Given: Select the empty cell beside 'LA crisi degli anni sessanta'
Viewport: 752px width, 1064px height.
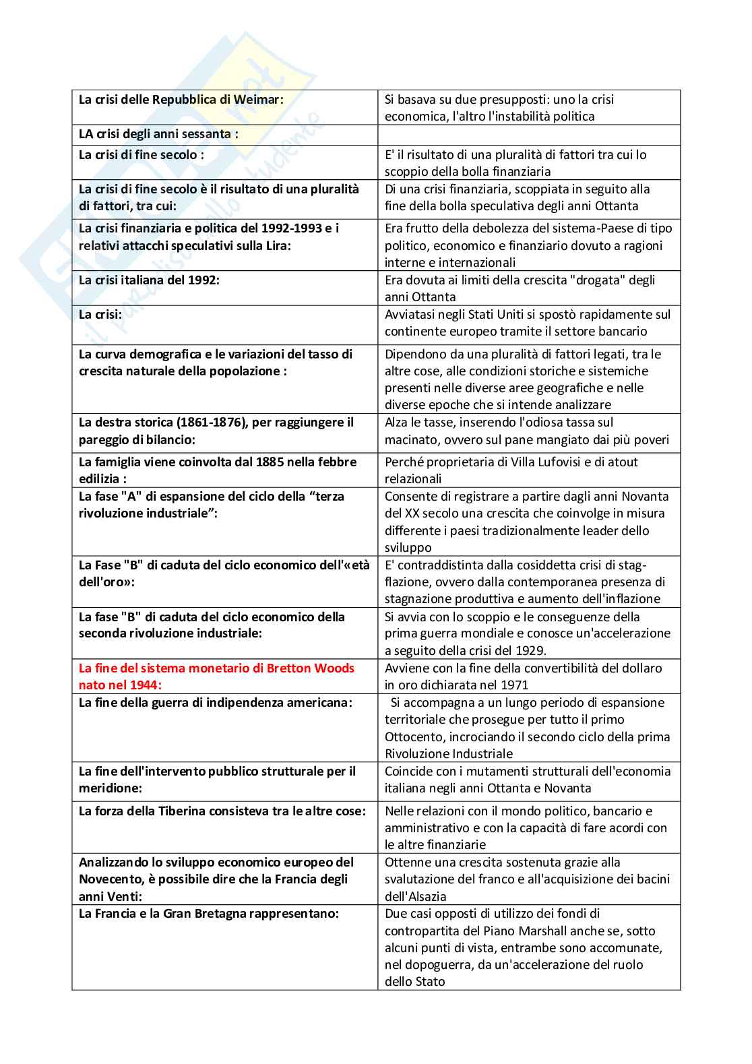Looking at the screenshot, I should [x=528, y=134].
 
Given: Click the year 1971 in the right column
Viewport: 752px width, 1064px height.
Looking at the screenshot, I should [x=515, y=685].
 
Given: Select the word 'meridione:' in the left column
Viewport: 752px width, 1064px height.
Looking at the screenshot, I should [x=111, y=788].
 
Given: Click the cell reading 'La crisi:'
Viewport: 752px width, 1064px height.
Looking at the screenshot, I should [x=100, y=314].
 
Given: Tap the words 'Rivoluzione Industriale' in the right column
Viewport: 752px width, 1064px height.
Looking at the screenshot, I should [x=449, y=753].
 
